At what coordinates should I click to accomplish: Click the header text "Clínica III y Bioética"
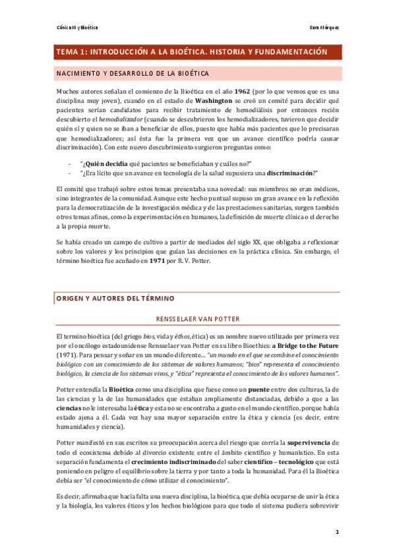[x=76, y=27]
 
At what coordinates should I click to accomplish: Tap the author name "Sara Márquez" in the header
[x=325, y=27]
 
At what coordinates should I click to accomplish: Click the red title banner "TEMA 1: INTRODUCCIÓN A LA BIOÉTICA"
[x=192, y=51]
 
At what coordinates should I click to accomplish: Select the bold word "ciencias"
[x=68, y=409]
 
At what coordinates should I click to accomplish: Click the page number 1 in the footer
[x=337, y=532]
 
